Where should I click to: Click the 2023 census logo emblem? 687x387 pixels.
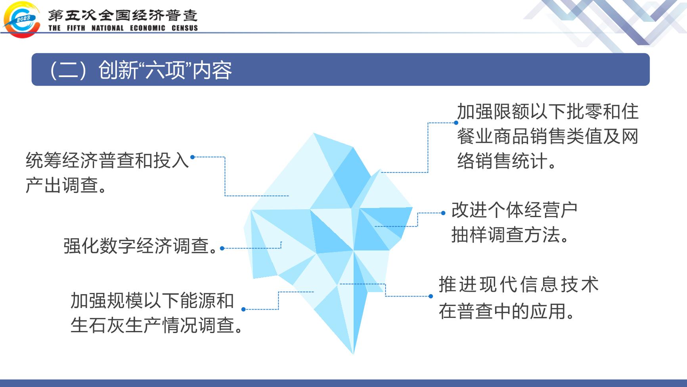click(x=21, y=19)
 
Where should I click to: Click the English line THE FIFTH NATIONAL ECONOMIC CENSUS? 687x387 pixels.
click(x=123, y=28)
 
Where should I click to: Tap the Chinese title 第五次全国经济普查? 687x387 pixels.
click(x=123, y=15)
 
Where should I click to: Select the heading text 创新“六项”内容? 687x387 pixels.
click(x=165, y=70)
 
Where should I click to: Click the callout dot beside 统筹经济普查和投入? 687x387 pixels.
click(x=193, y=157)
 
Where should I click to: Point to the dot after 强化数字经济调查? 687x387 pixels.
click(x=222, y=248)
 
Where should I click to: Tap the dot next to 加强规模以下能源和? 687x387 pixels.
click(x=243, y=309)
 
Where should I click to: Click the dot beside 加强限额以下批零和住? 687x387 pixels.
click(x=456, y=123)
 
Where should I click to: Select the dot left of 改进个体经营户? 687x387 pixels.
click(x=443, y=213)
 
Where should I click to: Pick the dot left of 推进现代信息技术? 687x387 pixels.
click(x=431, y=296)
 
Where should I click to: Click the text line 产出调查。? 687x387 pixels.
click(x=68, y=185)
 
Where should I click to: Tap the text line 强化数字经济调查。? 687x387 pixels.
click(x=141, y=246)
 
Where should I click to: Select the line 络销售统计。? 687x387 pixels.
click(x=508, y=161)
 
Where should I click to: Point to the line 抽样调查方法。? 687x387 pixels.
click(x=511, y=235)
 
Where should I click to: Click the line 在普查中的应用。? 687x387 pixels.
click(x=508, y=310)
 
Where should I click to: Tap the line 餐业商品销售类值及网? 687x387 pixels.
click(x=548, y=137)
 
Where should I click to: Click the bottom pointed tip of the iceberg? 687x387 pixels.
click(x=353, y=353)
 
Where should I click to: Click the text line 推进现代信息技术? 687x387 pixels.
click(x=519, y=285)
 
